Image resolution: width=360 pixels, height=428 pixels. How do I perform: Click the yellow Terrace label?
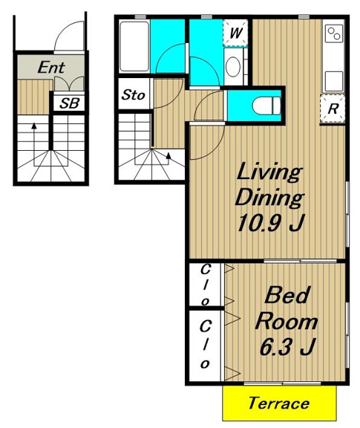[279, 403]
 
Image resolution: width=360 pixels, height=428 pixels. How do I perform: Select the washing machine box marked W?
[235, 33]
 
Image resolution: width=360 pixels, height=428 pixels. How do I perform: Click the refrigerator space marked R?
[333, 108]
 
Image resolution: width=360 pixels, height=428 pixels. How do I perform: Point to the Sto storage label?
[133, 94]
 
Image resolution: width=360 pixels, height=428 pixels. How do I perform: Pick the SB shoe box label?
[69, 103]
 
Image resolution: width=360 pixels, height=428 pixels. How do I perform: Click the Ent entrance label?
[51, 67]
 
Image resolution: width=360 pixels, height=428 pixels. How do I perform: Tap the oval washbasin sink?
[233, 67]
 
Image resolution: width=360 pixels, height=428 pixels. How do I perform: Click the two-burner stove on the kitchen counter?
[334, 33]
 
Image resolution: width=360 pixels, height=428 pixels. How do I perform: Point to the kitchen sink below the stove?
[334, 81]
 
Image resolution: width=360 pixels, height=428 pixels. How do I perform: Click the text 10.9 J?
[270, 223]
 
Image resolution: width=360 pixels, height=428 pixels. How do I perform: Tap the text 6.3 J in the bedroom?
[287, 347]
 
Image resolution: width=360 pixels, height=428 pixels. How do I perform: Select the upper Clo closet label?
[205, 285]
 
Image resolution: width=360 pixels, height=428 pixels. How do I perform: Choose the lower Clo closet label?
[205, 345]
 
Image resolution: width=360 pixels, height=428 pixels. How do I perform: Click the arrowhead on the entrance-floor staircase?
[34, 126]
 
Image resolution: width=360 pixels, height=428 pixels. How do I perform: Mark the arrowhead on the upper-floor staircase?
[168, 155]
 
